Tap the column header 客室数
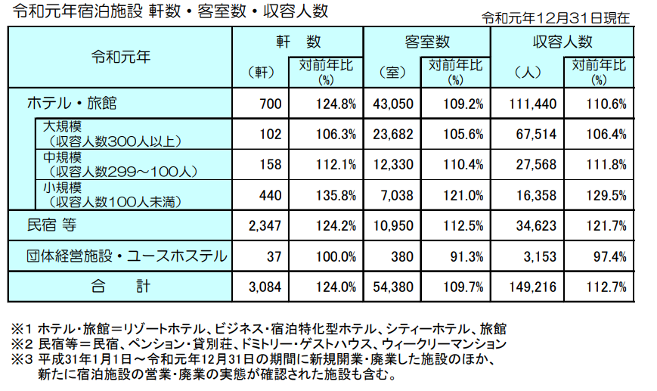coord(427,42)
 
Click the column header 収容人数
coord(562,42)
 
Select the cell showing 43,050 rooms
coord(391,104)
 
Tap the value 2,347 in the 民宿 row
coord(265,225)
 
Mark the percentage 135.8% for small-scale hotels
coord(336,194)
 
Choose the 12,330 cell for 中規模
coord(391,164)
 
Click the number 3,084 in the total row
coord(265,287)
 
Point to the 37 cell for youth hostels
coord(274,256)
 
